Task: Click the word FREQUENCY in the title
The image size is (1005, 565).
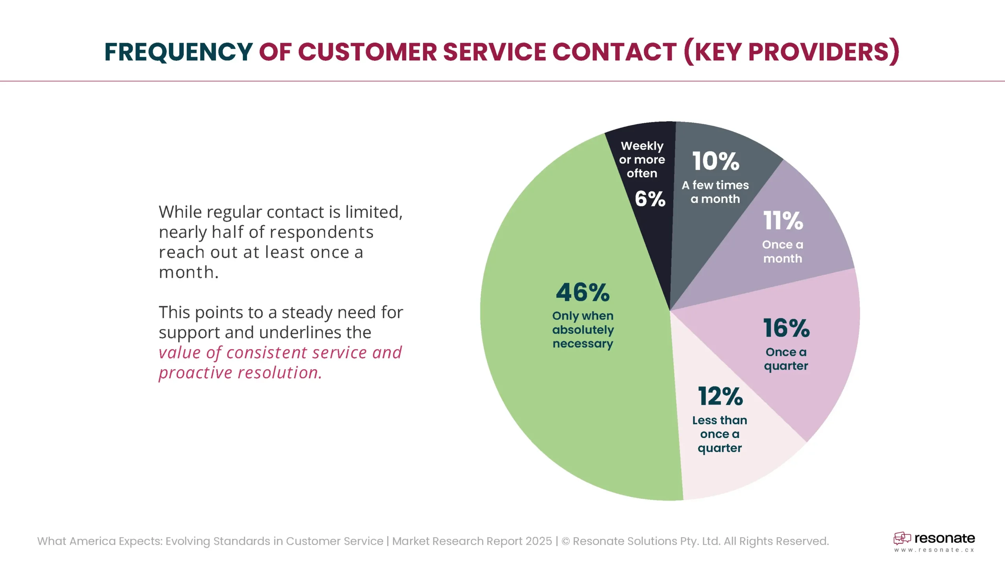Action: coord(179,52)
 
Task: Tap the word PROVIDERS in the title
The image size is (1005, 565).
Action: coord(819,52)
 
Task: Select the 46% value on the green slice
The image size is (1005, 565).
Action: coord(583,293)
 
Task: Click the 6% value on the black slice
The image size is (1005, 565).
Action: coord(650,199)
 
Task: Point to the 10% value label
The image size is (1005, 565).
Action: coord(716,161)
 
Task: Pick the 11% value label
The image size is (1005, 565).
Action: coord(783,221)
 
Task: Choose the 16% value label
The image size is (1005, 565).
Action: coord(786,328)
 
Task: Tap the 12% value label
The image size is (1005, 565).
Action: coord(720,396)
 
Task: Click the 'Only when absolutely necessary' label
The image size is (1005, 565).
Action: coord(583,330)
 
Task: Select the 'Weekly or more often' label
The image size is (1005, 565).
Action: coord(642,160)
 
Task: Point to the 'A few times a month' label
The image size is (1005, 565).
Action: coord(715,192)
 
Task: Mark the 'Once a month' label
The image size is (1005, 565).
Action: coord(783,252)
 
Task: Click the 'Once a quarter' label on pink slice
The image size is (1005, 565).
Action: coord(786,359)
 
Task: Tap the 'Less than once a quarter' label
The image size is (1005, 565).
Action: coord(720,434)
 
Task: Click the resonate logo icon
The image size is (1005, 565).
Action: coord(902,538)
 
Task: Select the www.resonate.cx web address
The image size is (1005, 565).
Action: coord(934,550)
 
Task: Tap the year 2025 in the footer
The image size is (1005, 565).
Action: coord(539,541)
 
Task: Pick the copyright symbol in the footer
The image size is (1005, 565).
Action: coord(566,541)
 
